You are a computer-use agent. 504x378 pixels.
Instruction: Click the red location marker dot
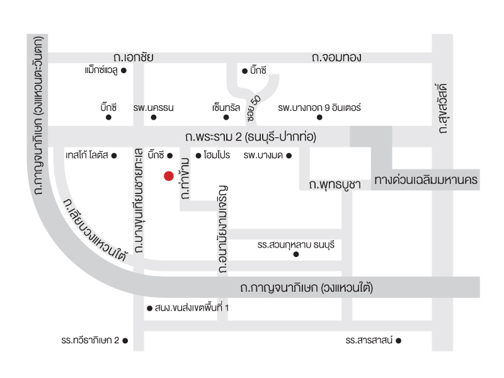(169, 176)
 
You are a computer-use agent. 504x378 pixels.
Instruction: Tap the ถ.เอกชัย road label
(133, 57)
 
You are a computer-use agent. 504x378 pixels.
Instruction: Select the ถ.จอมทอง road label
(336, 57)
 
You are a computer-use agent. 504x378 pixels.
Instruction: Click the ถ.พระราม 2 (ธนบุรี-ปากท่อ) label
(251, 137)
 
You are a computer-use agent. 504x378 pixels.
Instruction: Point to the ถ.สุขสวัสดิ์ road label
(443, 108)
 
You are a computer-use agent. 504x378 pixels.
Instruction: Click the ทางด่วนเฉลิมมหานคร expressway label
(426, 180)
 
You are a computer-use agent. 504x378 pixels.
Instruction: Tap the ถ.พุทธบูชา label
(335, 185)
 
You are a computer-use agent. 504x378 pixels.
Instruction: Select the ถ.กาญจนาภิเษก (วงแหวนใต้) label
(306, 287)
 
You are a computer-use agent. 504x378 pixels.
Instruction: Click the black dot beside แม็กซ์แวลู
(123, 71)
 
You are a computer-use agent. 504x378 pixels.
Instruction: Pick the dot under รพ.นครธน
(154, 117)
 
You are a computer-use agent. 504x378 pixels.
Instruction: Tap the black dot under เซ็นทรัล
(226, 117)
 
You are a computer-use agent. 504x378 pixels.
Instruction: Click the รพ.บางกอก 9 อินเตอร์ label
(319, 108)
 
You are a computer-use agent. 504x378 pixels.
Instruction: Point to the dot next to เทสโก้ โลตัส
(114, 156)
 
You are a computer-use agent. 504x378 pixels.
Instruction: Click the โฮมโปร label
(217, 155)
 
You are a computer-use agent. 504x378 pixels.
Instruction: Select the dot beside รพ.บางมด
(289, 156)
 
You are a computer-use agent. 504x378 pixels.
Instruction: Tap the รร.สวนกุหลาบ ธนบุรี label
(295, 245)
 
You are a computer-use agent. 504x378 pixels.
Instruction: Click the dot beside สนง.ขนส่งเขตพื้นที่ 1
(149, 309)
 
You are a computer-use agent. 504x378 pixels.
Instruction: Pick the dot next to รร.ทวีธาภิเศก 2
(125, 341)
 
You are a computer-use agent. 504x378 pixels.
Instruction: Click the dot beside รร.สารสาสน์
(399, 341)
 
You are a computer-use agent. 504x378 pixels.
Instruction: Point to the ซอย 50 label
(254, 108)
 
